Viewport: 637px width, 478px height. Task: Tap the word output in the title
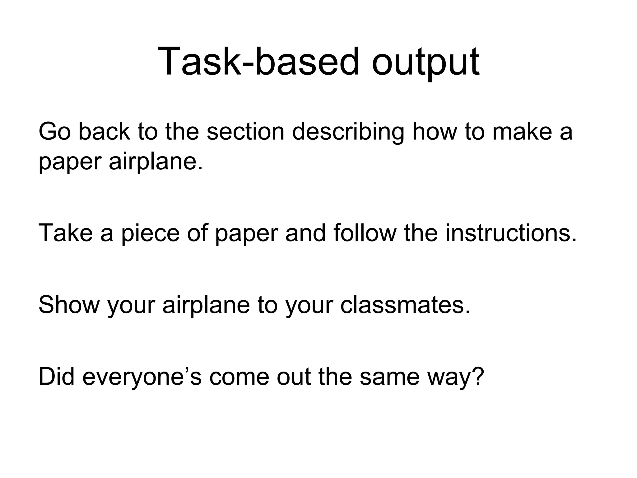point(425,61)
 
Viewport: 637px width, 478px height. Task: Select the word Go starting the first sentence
point(55,132)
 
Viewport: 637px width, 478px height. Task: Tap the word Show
point(69,305)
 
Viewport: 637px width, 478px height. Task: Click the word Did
point(56,377)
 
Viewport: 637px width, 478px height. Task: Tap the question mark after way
point(477,377)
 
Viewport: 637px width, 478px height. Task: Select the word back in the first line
point(104,132)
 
